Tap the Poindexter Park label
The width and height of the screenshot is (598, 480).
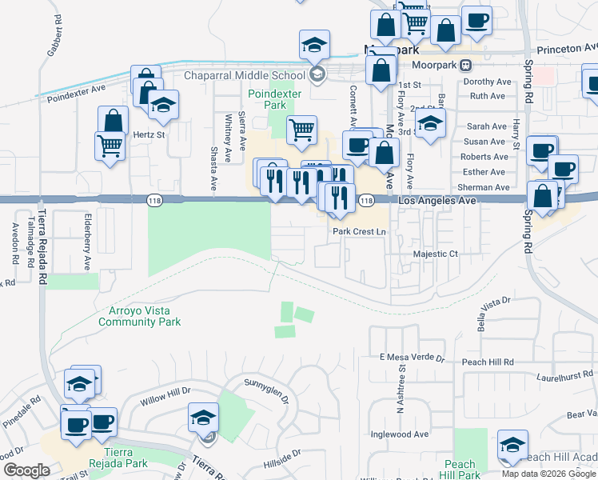[267, 99]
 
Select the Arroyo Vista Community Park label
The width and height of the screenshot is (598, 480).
[139, 316]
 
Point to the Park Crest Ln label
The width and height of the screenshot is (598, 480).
[359, 231]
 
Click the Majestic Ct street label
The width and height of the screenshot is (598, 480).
[435, 254]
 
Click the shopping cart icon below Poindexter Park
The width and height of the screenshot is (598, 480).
[301, 128]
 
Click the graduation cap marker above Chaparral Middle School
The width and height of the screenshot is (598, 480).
[315, 44]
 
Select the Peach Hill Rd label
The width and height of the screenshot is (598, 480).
[488, 362]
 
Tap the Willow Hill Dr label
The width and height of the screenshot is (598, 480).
[165, 393]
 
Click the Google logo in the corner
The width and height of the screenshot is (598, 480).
[26, 470]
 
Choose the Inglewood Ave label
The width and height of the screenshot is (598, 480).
[400, 434]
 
